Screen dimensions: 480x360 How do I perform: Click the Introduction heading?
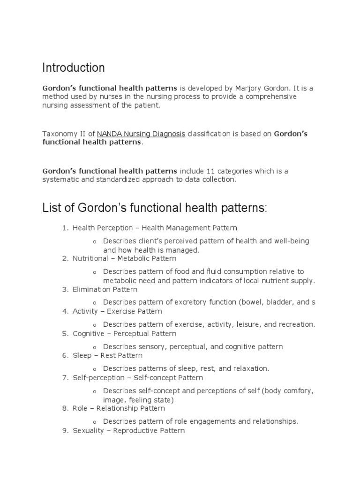74,68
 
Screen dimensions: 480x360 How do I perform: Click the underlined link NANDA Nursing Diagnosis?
141,134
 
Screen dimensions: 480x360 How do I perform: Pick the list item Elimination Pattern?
105,290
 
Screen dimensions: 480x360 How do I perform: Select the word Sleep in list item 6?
82,356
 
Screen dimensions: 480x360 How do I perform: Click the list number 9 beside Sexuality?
65,430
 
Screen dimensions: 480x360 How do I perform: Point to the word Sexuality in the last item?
89,430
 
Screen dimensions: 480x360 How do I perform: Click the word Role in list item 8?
81,408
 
